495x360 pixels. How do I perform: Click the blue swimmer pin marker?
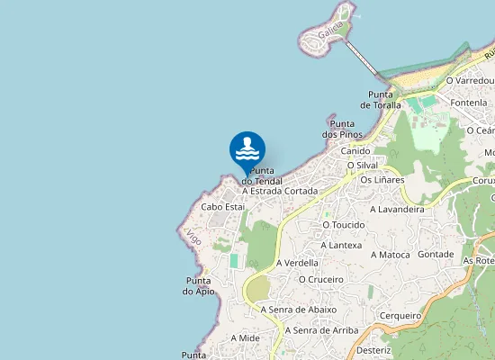pos(247,150)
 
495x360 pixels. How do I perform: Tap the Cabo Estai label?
pos(223,207)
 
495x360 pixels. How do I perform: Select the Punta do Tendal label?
pos(262,175)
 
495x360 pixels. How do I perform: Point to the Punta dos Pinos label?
pos(341,129)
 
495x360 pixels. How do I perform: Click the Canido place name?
pos(355,151)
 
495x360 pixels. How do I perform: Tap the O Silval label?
pos(362,166)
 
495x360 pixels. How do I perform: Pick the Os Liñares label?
pos(382,180)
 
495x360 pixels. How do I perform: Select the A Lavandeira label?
pos(397,209)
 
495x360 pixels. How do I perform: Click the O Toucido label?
pos(343,224)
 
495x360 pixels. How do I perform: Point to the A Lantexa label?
pos(341,245)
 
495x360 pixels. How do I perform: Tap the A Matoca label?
pos(391,255)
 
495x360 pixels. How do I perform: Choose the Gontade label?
pos(436,255)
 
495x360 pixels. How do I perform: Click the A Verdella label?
pos(298,263)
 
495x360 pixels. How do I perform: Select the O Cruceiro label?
pos(321,279)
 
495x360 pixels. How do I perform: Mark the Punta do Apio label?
pos(199,285)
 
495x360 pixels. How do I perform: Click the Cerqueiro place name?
pos(400,316)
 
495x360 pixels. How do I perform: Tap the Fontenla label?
pos(469,103)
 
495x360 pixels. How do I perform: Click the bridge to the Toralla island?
pos(362,59)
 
